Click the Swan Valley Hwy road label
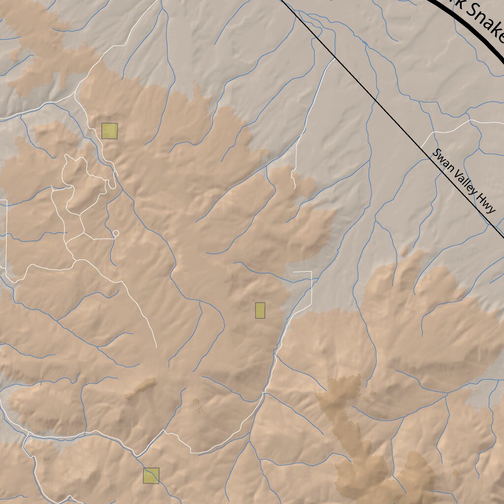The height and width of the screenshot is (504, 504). pyautogui.click(x=463, y=181)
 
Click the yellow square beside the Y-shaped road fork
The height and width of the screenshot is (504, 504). pyautogui.click(x=109, y=131)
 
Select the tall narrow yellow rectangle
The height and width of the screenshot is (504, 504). pyautogui.click(x=260, y=310)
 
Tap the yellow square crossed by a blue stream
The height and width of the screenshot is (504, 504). pyautogui.click(x=151, y=475)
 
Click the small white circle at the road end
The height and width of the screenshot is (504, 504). pyautogui.click(x=116, y=233)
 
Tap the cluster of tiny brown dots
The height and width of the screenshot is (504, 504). pyautogui.click(x=197, y=405)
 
